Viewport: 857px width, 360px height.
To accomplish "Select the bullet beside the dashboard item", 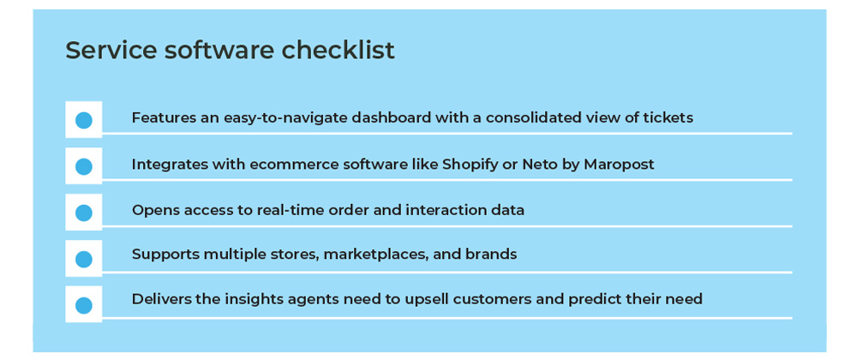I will (x=84, y=120).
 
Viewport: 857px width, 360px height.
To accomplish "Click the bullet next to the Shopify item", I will (x=84, y=166).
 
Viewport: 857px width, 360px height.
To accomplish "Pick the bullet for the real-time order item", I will (x=84, y=213).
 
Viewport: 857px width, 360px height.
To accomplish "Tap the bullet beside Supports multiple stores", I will (x=84, y=259).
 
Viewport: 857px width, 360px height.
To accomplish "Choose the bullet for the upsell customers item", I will (x=84, y=305).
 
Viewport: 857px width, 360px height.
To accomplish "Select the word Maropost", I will (x=619, y=164).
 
